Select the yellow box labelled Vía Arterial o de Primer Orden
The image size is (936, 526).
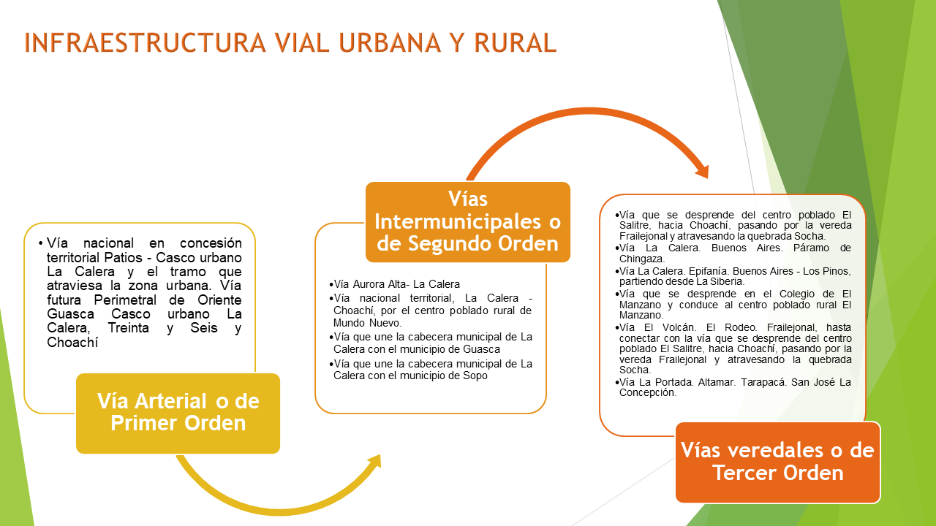click(178, 413)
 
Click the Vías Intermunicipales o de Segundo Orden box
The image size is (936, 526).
click(468, 221)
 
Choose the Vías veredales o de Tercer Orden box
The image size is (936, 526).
click(778, 462)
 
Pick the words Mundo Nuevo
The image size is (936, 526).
click(367, 323)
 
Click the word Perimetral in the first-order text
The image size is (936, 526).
click(125, 300)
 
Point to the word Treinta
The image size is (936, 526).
click(128, 328)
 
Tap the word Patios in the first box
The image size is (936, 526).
click(124, 258)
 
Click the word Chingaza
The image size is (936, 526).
click(642, 259)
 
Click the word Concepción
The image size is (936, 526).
click(648, 392)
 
